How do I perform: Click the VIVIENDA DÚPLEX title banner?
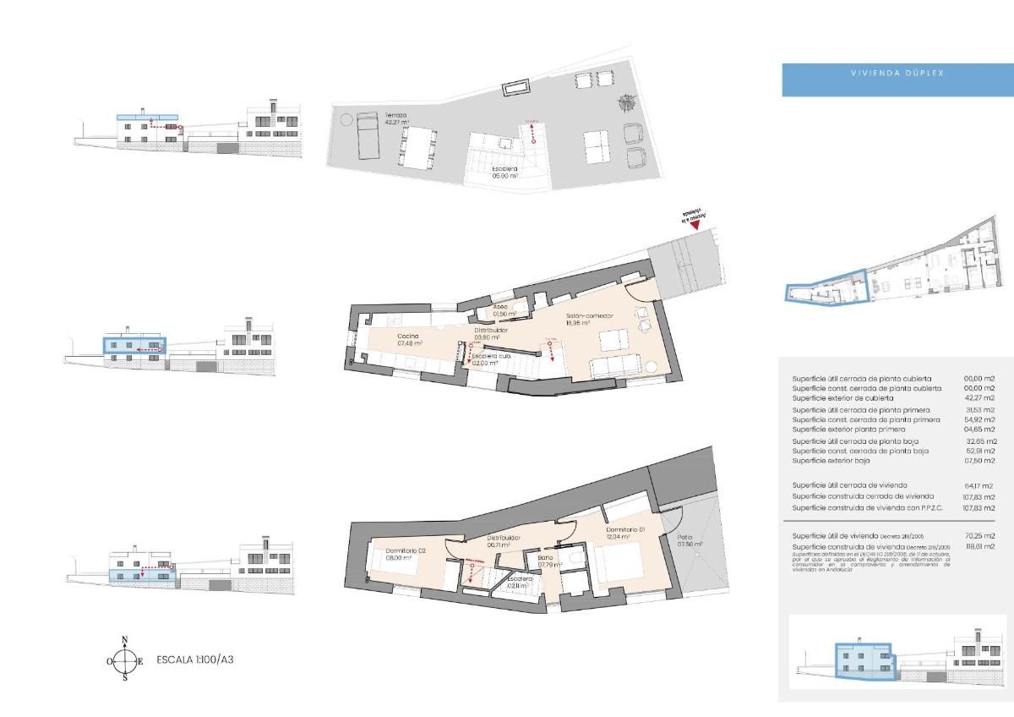click(897, 74)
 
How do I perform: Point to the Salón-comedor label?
click(589, 319)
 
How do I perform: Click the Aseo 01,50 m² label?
click(500, 309)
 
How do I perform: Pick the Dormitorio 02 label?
click(393, 553)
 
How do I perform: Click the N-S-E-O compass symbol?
click(124, 660)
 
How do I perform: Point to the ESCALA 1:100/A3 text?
click(194, 660)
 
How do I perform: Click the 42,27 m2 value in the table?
click(979, 397)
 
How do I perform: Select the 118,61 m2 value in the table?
click(979, 546)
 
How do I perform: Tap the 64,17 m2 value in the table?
click(979, 485)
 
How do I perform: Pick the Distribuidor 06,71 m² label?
click(503, 542)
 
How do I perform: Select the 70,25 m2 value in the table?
click(979, 536)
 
